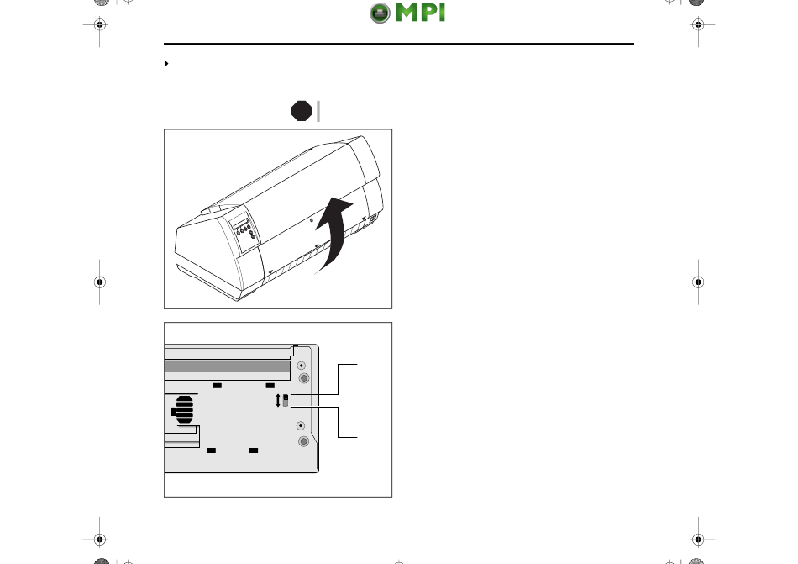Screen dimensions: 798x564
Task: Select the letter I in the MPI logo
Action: (441, 13)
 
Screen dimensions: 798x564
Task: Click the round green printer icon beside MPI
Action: (380, 13)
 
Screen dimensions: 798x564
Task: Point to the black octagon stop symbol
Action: (302, 111)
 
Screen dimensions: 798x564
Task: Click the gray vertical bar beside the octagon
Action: (318, 111)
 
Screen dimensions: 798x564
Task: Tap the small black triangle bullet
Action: (166, 64)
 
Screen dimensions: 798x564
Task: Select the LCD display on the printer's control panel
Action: (240, 224)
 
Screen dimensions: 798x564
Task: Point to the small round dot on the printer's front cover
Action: (312, 220)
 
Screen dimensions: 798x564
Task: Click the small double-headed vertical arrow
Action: (278, 401)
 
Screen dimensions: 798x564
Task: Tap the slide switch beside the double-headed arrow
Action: (286, 401)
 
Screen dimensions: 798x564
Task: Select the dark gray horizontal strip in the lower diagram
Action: (227, 366)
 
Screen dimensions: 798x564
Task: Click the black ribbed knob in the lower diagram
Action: (183, 410)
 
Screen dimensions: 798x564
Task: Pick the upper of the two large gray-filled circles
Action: (304, 378)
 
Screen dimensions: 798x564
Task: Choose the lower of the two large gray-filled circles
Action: (303, 441)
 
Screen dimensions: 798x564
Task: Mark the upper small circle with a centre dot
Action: (302, 366)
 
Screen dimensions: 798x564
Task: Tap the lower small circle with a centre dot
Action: (301, 425)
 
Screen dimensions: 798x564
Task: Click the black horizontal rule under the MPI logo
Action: (399, 44)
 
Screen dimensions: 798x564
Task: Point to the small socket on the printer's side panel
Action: (373, 219)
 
